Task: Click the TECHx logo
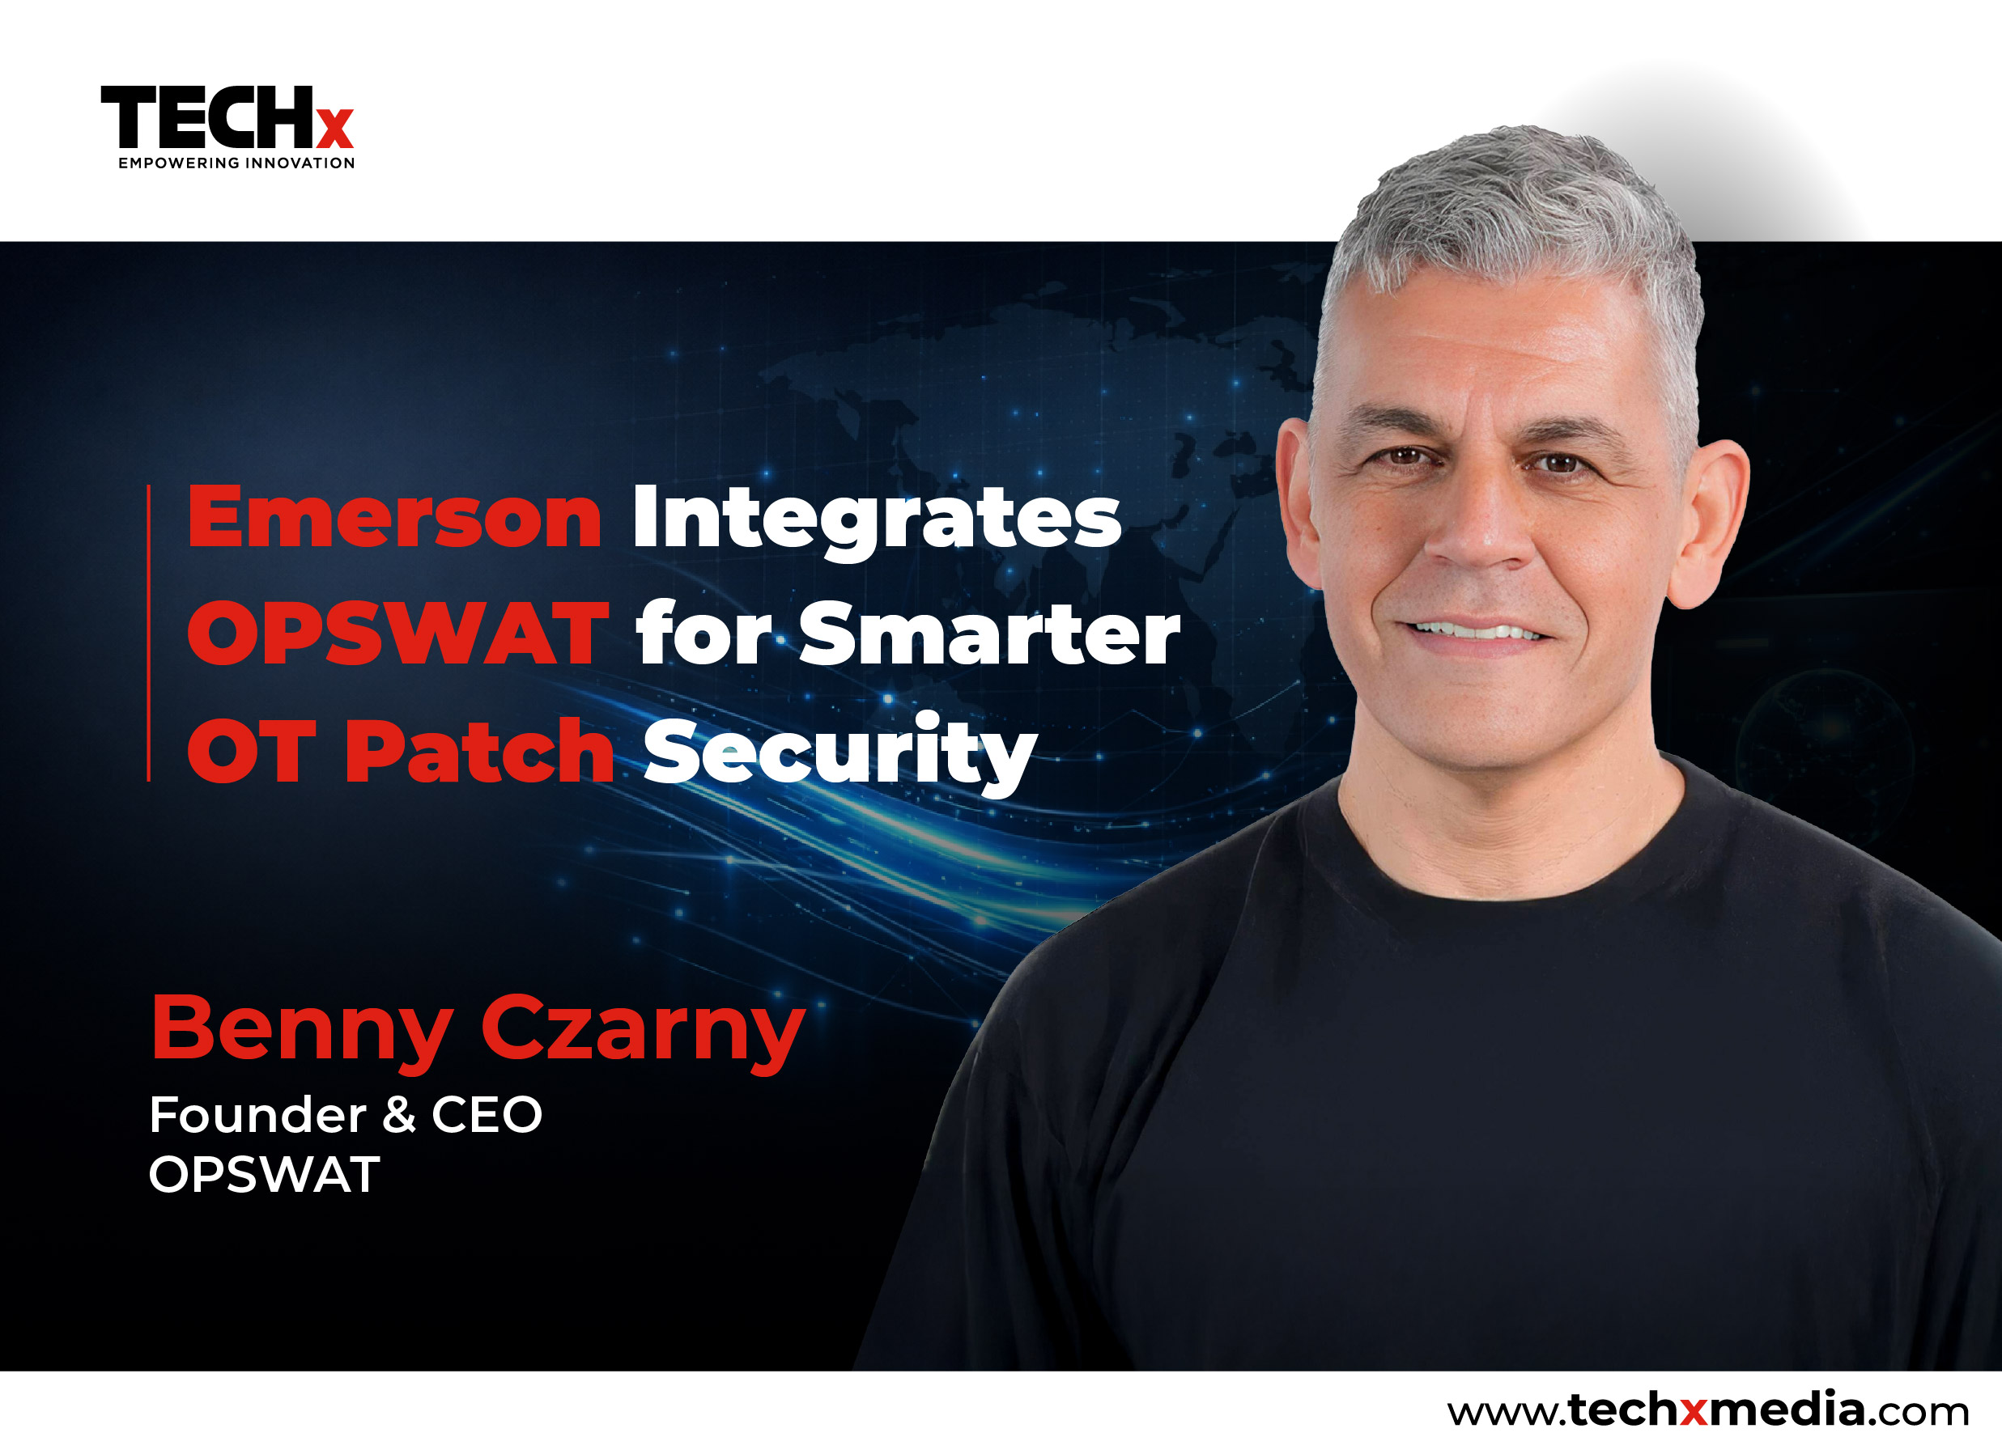click(227, 127)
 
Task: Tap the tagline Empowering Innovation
click(236, 163)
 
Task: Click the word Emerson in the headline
click(394, 518)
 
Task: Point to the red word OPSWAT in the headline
click(398, 634)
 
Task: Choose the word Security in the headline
click(839, 754)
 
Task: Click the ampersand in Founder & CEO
click(399, 1114)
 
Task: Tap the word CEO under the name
click(487, 1114)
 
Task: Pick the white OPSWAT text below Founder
click(264, 1175)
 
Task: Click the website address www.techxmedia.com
click(1708, 1409)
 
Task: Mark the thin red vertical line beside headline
click(148, 633)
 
